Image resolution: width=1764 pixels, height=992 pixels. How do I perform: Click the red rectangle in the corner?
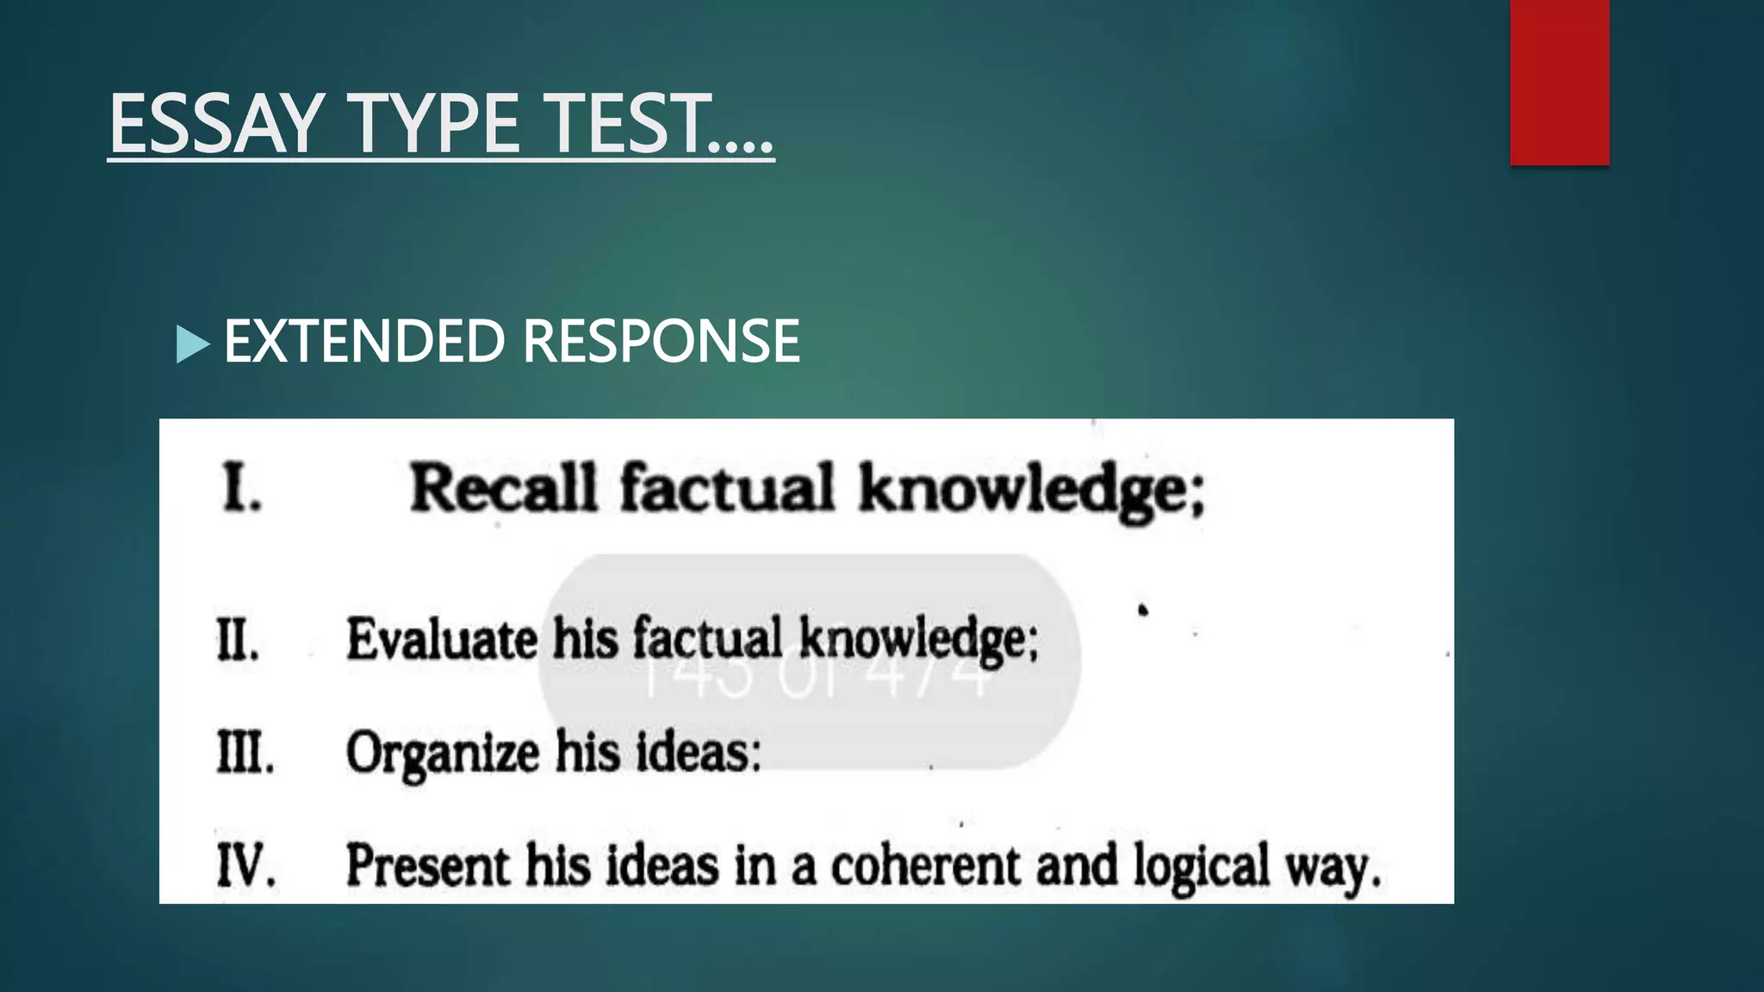pyautogui.click(x=1559, y=82)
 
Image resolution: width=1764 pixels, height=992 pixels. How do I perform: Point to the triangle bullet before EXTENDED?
pyautogui.click(x=192, y=344)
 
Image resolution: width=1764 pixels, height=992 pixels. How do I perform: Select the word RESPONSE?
pyautogui.click(x=661, y=341)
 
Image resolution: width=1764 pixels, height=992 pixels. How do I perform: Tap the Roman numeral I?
pyautogui.click(x=241, y=488)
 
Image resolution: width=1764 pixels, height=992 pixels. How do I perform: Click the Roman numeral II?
pyautogui.click(x=238, y=641)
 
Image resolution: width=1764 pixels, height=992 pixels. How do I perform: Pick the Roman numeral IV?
pyautogui.click(x=246, y=865)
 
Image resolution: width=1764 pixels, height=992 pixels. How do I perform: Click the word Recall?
pyautogui.click(x=503, y=488)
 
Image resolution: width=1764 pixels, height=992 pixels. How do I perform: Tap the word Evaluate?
pyautogui.click(x=442, y=640)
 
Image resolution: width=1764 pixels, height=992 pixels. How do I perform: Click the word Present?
pyautogui.click(x=427, y=865)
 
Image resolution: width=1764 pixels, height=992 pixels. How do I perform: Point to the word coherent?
pyautogui.click(x=925, y=865)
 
